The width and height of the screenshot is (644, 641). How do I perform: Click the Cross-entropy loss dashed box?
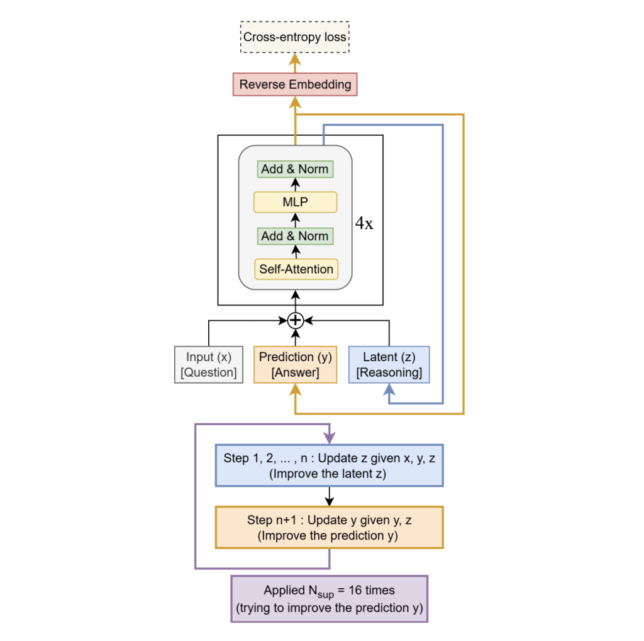pos(295,37)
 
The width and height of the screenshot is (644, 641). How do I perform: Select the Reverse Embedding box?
pos(295,84)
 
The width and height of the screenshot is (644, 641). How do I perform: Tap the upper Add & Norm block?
pos(295,169)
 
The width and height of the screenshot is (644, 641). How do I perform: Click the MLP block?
pos(295,203)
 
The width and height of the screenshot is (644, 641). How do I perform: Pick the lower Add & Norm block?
pos(295,236)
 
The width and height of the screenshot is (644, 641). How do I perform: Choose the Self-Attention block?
pos(295,269)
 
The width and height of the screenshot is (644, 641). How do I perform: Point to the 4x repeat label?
pos(364,223)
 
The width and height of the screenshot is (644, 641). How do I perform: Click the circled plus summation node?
pos(295,321)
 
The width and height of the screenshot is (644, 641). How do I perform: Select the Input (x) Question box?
pos(208,364)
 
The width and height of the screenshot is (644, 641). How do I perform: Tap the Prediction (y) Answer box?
pos(295,364)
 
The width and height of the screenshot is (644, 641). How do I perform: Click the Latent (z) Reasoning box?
pos(389,364)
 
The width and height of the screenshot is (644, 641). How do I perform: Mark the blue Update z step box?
pos(329,466)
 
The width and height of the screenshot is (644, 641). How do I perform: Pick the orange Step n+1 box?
pos(329,527)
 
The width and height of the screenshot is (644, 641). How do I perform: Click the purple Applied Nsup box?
pos(329,599)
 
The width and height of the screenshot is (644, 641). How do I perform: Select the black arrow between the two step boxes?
pos(329,496)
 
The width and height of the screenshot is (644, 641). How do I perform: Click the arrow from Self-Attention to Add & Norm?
pos(295,252)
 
